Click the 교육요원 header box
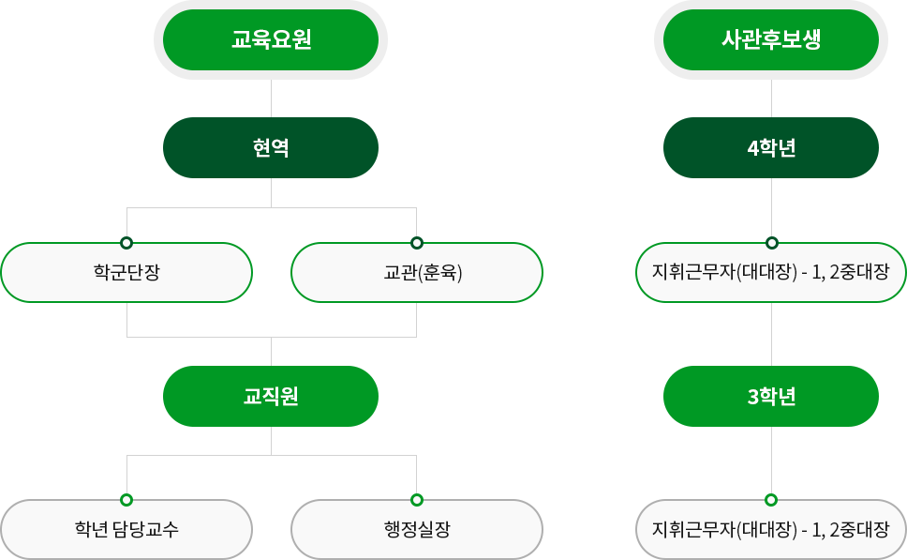click(x=271, y=40)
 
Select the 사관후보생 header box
click(x=771, y=40)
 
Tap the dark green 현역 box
click(x=271, y=147)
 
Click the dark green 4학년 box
click(x=771, y=147)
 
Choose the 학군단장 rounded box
click(x=126, y=273)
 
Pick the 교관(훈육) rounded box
click(x=417, y=273)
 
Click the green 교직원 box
click(x=271, y=396)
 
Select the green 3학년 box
click(x=771, y=396)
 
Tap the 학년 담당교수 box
click(x=126, y=529)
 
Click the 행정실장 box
click(x=417, y=529)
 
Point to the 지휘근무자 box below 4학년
click(x=771, y=273)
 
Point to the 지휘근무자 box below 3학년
click(x=771, y=529)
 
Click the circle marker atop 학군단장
click(x=126, y=243)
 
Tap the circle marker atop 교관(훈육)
click(x=417, y=243)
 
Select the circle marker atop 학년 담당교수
click(x=126, y=500)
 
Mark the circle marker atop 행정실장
click(x=417, y=500)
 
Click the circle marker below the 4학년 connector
click(x=771, y=243)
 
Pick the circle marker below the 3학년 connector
click(x=771, y=500)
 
